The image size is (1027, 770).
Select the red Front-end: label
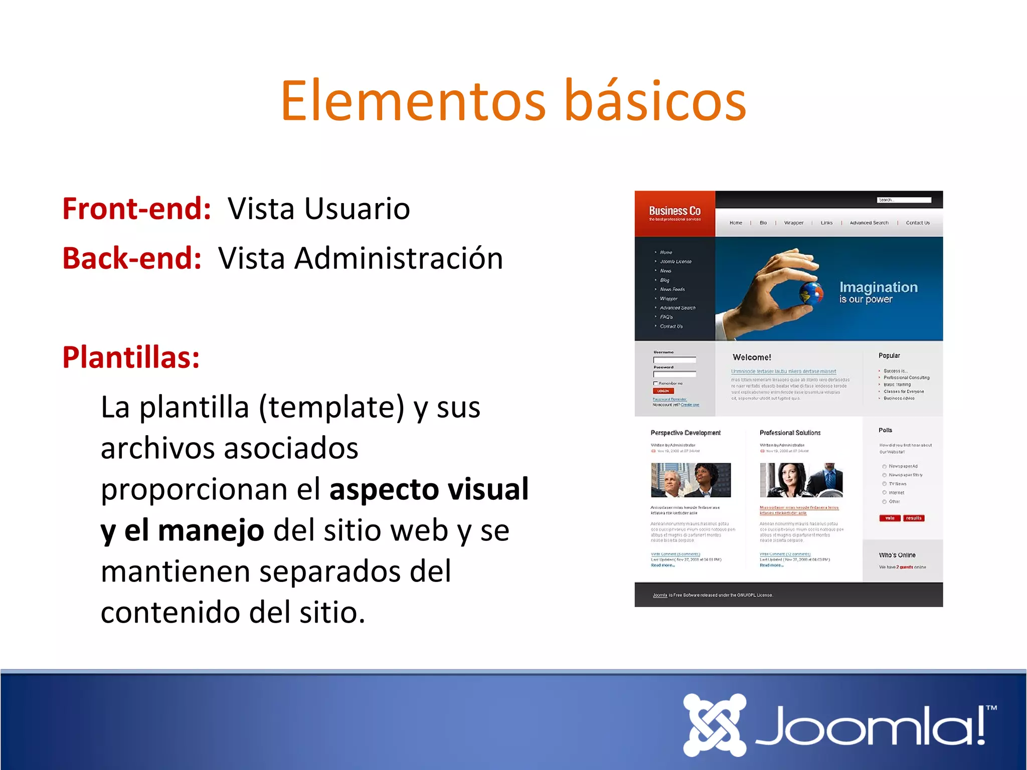[x=136, y=209]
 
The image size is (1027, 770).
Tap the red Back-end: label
[x=132, y=258]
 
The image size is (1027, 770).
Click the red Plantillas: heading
[x=131, y=357]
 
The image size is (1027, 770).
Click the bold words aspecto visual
[x=429, y=489]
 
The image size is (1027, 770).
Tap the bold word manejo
[x=211, y=530]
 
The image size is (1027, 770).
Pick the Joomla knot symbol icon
[x=714, y=724]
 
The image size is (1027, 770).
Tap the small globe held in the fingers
[x=810, y=294]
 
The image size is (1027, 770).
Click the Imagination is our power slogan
[x=878, y=292]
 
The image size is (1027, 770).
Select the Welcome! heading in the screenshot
[x=751, y=357]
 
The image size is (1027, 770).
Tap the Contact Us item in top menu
[x=917, y=223]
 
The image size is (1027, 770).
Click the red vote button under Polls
[x=890, y=518]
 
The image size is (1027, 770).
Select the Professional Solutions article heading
[x=790, y=433]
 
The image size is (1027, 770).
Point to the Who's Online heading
[x=897, y=555]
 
